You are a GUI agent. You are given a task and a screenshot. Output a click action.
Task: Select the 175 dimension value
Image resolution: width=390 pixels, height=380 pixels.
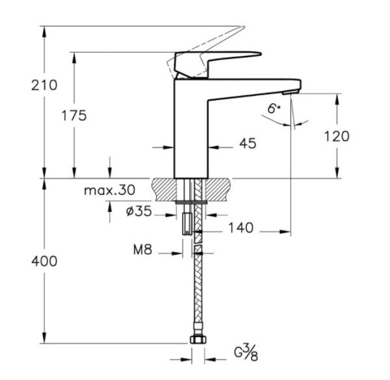[75, 116]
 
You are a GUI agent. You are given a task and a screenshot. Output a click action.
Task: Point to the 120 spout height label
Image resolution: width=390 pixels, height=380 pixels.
[336, 136]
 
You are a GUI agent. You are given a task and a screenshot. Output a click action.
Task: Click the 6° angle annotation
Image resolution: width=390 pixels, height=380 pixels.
[274, 109]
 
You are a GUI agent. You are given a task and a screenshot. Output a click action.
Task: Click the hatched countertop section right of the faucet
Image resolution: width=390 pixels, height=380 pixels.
[221, 189]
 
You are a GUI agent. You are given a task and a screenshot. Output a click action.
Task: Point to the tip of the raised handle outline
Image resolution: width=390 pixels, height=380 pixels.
[243, 28]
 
